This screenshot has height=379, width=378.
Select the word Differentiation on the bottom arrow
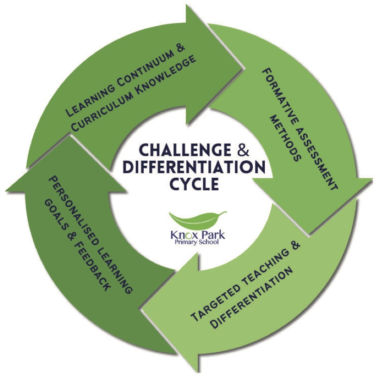[252, 296]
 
